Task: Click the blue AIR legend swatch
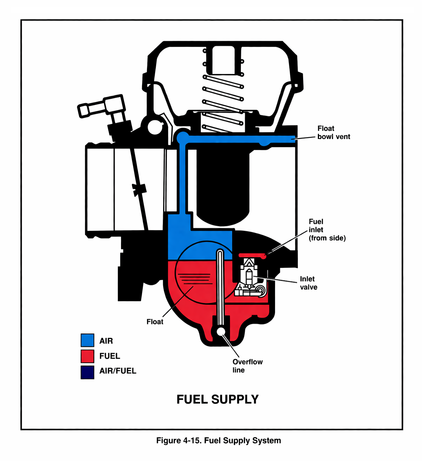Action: point(87,340)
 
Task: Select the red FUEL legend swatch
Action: point(87,356)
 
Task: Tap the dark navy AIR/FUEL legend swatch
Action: point(87,372)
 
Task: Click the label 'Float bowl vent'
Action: point(333,133)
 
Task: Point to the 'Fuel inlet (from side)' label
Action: point(327,230)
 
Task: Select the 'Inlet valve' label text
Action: point(308,283)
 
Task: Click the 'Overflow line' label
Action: point(247,366)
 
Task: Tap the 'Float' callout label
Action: point(155,322)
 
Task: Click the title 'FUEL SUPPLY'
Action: point(217,399)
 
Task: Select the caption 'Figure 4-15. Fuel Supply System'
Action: point(218,441)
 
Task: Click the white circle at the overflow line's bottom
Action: point(221,331)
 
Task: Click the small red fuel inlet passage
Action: point(251,255)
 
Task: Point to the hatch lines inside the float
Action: point(195,278)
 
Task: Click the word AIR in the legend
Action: point(106,341)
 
